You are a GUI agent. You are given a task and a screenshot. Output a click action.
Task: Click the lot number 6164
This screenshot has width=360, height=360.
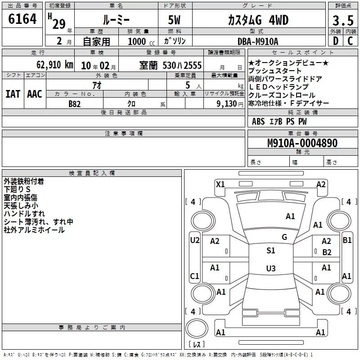22,19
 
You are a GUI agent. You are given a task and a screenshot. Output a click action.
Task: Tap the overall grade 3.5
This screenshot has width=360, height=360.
343,20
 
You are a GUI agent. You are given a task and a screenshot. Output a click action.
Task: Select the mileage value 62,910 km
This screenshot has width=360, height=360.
54,65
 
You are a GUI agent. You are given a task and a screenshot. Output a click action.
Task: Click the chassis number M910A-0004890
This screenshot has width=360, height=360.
302,143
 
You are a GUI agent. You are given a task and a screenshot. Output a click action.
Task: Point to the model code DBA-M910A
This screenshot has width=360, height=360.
258,41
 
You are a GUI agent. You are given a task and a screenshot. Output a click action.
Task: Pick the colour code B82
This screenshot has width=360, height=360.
75,104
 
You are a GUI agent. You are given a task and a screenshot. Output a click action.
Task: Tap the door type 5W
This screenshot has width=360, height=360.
174,20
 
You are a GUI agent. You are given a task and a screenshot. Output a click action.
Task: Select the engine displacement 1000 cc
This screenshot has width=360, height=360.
141,41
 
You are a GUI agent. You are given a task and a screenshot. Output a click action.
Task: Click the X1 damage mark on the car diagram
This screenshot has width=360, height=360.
220,184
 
